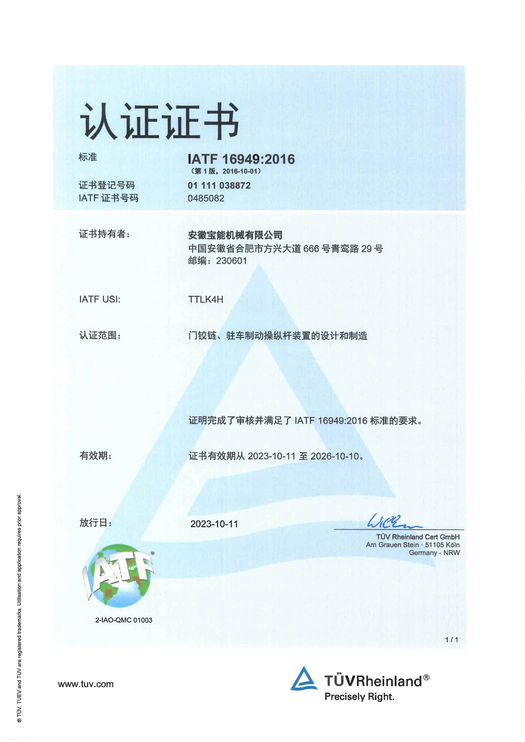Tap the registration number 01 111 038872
219,186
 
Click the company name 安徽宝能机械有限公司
235,235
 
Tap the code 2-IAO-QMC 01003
124,620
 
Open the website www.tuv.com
86,684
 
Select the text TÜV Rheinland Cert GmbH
418,537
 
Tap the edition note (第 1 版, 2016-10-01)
225,171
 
